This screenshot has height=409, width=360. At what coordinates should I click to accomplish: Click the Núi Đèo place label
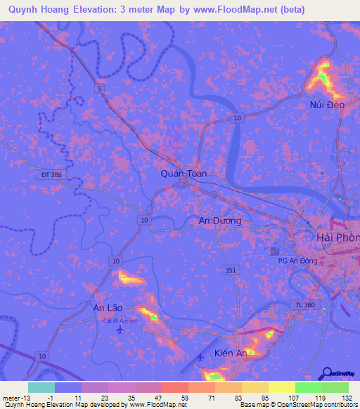pyautogui.click(x=326, y=105)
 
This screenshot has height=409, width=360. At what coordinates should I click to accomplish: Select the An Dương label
pyautogui.click(x=219, y=221)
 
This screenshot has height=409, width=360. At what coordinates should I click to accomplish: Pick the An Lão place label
pyautogui.click(x=108, y=307)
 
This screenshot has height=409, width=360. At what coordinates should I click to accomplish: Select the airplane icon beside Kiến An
pyautogui.click(x=200, y=357)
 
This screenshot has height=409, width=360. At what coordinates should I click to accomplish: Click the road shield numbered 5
pyautogui.click(x=100, y=88)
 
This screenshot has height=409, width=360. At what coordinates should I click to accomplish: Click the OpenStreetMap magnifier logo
pyautogui.click(x=328, y=374)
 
